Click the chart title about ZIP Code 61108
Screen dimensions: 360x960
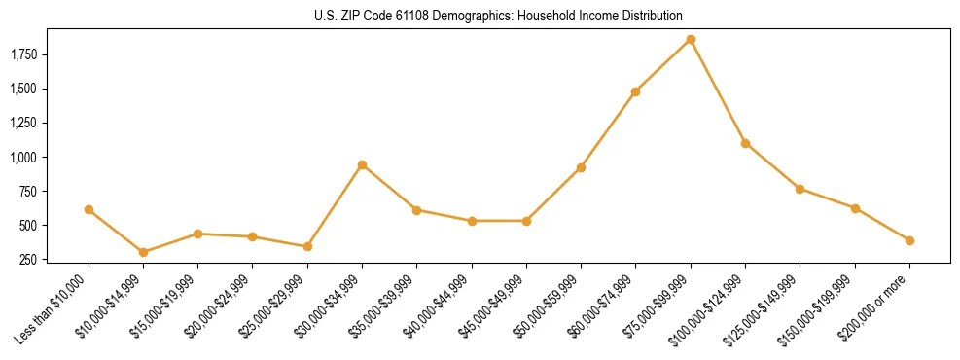point(499,16)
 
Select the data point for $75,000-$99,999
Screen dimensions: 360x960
point(691,40)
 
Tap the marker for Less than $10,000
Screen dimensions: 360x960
point(89,209)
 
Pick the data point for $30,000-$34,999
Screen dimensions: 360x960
point(362,164)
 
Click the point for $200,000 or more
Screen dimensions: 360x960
point(909,240)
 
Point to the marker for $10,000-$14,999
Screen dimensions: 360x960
point(143,252)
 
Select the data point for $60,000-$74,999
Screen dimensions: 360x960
point(636,91)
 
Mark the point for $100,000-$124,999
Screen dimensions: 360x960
point(745,143)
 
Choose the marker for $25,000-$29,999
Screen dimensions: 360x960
point(307,246)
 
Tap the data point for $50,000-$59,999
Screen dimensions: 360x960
point(581,167)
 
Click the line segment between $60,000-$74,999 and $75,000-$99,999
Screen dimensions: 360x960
point(663,66)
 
